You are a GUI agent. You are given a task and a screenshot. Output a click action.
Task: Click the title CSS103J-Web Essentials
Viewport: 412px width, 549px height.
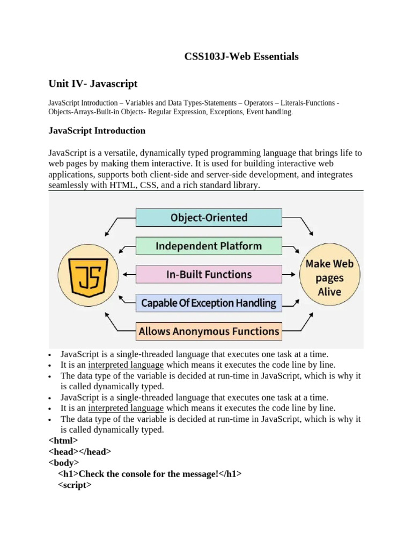[x=241, y=56]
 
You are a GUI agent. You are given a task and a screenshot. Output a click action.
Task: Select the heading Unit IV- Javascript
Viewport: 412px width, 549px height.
[x=93, y=84]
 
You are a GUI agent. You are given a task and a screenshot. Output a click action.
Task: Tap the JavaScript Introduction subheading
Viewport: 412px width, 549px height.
[x=97, y=130]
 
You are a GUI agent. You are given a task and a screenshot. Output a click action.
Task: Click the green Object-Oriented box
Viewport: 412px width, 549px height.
[x=209, y=218]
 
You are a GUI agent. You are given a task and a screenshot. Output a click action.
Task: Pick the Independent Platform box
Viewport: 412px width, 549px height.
[x=209, y=246]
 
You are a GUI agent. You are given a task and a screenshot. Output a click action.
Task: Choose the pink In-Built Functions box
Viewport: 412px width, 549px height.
[x=209, y=274]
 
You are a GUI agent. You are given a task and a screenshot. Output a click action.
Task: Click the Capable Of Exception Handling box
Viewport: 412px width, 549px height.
[x=209, y=303]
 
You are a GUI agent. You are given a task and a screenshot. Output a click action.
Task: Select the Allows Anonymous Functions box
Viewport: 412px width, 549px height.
[x=209, y=331]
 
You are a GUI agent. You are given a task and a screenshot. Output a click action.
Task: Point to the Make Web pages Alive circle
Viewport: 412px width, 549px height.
[x=329, y=278]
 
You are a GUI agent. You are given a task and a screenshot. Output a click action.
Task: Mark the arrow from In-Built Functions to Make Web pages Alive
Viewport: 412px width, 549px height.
[x=289, y=274]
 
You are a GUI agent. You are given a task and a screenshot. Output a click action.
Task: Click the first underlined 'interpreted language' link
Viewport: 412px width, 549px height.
[x=126, y=365]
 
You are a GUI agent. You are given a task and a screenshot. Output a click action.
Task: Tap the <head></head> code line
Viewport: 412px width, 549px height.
[x=80, y=451]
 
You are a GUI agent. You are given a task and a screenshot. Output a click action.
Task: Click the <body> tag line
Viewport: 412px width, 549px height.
[x=64, y=463]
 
